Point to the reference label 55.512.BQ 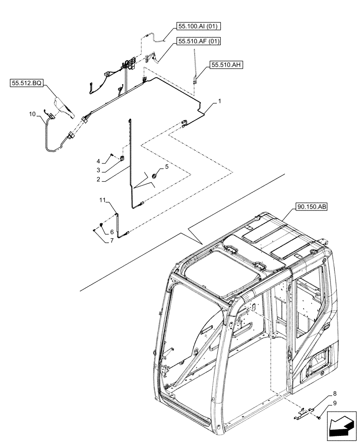[x=26, y=83]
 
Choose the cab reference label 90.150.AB [x=309, y=207]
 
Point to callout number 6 [x=112, y=232]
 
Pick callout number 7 [x=112, y=241]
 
